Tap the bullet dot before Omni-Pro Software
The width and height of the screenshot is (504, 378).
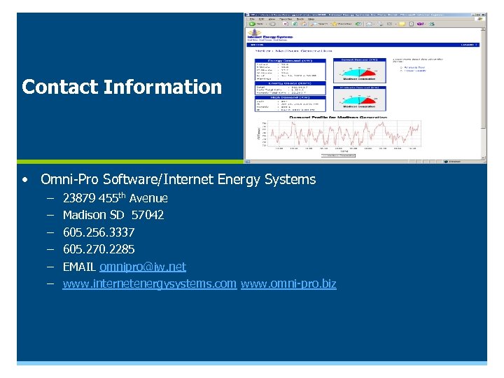tap(25, 180)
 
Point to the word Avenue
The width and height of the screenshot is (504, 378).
tap(148, 198)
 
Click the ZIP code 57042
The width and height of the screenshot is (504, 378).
tap(148, 215)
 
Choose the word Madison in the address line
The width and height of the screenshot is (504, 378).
tap(84, 215)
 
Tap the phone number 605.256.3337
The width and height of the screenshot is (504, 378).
tap(99, 232)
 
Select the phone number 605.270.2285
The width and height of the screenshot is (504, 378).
tap(99, 249)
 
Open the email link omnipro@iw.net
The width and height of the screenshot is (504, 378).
tap(143, 267)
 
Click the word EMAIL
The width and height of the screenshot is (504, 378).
tap(79, 267)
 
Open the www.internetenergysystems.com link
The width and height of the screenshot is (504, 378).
tap(149, 284)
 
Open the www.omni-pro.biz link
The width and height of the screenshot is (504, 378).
tap(288, 284)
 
